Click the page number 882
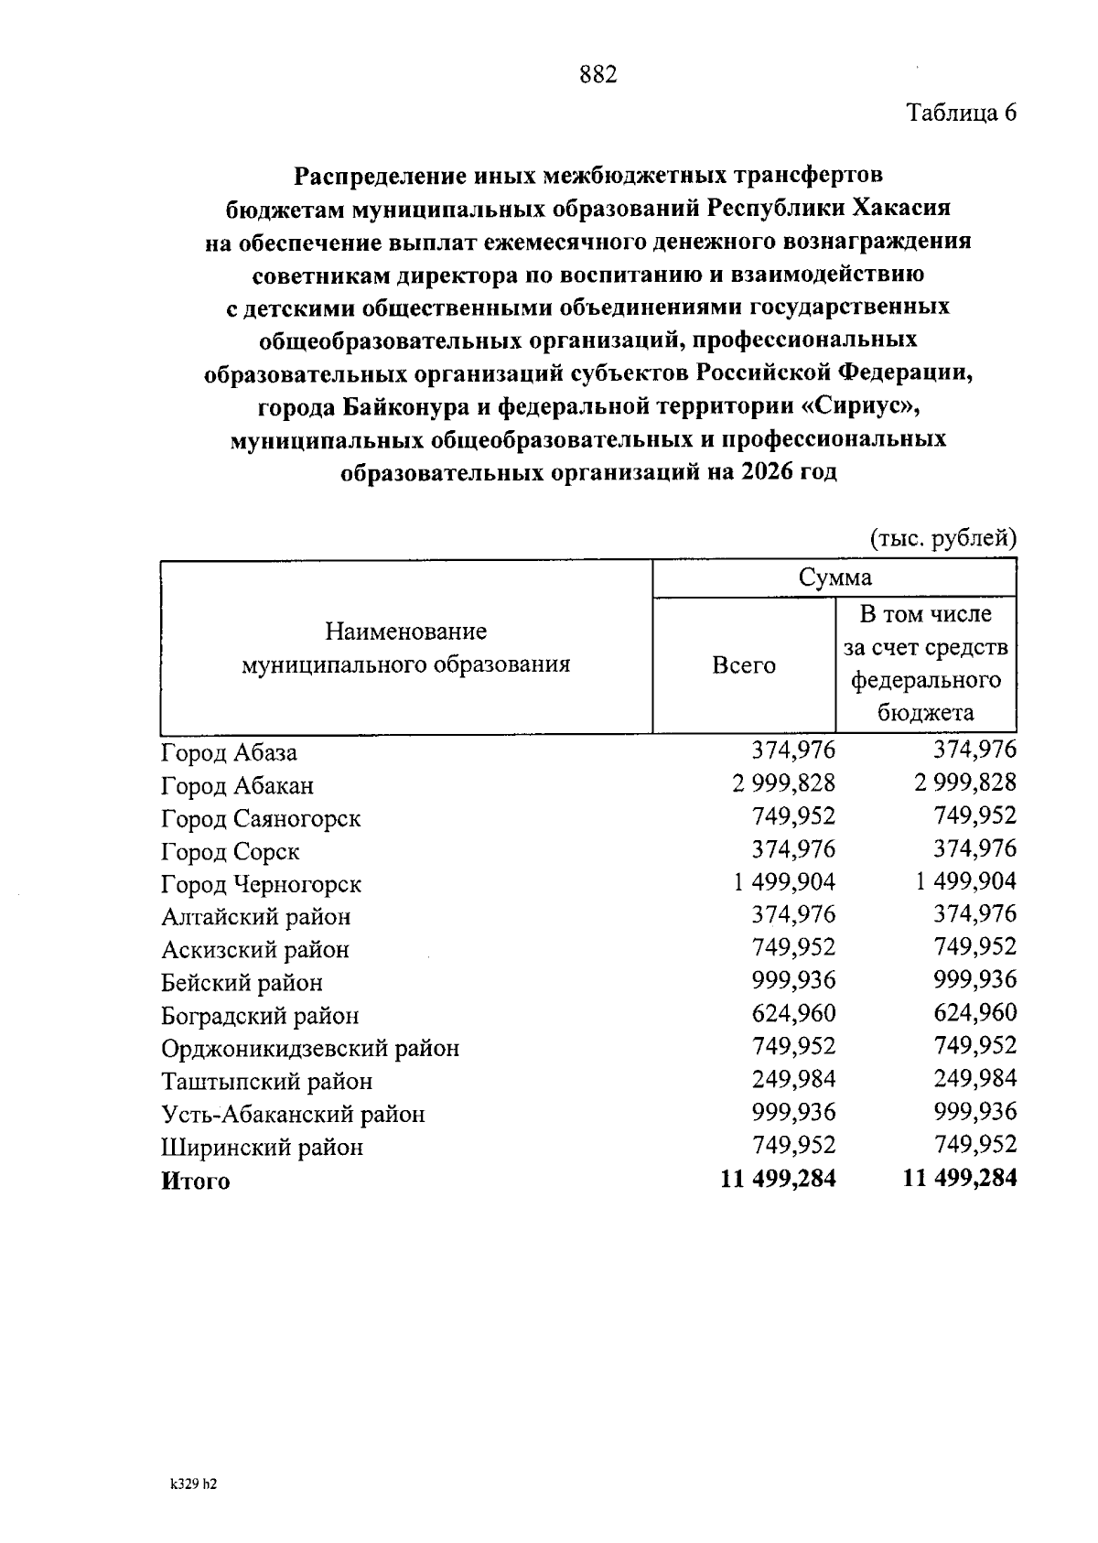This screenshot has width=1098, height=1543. click(x=598, y=74)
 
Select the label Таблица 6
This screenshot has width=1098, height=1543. click(x=961, y=113)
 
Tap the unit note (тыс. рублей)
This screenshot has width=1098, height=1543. click(x=942, y=538)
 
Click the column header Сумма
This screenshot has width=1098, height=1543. click(x=834, y=577)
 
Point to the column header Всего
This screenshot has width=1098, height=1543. click(x=743, y=665)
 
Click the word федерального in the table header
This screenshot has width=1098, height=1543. click(x=925, y=680)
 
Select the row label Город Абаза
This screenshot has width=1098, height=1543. click(x=229, y=752)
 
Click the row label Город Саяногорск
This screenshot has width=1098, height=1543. click(x=261, y=818)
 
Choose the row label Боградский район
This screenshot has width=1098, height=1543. click(x=260, y=1016)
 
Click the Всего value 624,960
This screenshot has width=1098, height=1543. click(x=793, y=1013)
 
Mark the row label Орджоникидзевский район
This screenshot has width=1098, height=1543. click(x=310, y=1049)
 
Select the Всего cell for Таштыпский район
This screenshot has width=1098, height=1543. click(x=793, y=1079)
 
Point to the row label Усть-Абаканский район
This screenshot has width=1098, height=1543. click(x=293, y=1115)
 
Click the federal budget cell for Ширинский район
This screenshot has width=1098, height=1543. click(x=974, y=1145)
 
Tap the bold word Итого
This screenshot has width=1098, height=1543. click(x=195, y=1181)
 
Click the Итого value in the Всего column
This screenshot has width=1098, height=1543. click(x=778, y=1179)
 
